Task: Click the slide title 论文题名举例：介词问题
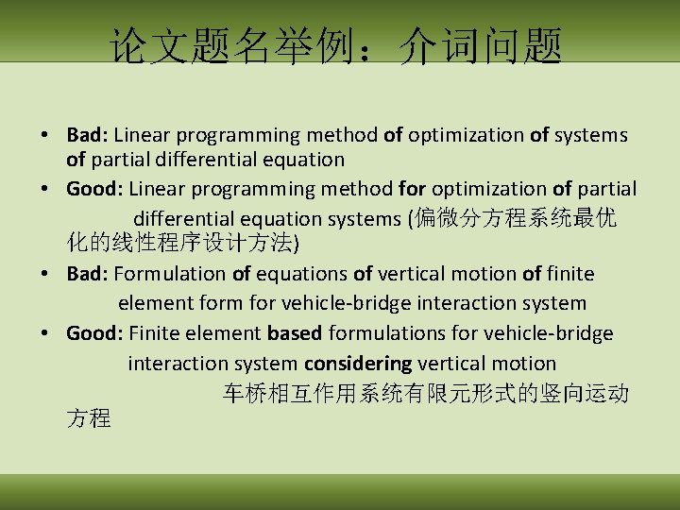click(336, 44)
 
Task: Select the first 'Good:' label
click(94, 189)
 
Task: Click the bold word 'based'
click(295, 332)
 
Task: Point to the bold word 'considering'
click(358, 363)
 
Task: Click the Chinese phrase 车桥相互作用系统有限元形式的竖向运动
click(425, 393)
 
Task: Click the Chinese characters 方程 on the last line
click(89, 418)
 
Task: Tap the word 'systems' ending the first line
click(591, 135)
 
